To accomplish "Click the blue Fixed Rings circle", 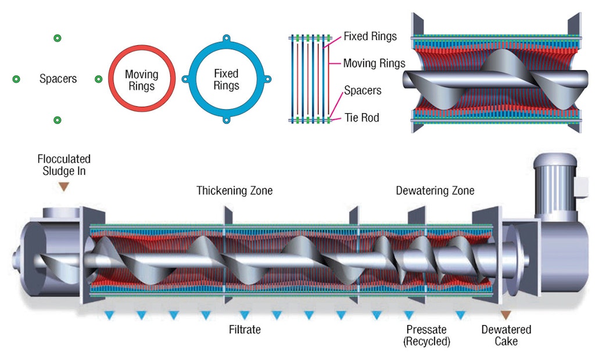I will pos(226,79).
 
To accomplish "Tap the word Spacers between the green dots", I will pos(58,78).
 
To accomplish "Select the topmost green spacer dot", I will pos(57,38).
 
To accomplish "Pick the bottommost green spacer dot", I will pos(57,120).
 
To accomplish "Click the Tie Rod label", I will pos(361,118).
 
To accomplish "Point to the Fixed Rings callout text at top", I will pos(370,36).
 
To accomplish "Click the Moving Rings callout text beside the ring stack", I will pos(374,63).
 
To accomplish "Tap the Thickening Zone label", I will pos(234,190).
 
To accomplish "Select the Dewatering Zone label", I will pos(435,190).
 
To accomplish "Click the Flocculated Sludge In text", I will pos(64,164).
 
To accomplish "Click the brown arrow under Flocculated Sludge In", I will pos(64,186).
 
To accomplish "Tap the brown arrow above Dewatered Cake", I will pos(506,315).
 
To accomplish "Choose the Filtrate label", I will pos(245,330).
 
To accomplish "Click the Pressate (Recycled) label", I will pos(426,335).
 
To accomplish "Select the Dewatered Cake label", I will pos(506,335).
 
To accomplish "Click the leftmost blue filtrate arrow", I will pos(109,315).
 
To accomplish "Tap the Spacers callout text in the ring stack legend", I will pos(363,91).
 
